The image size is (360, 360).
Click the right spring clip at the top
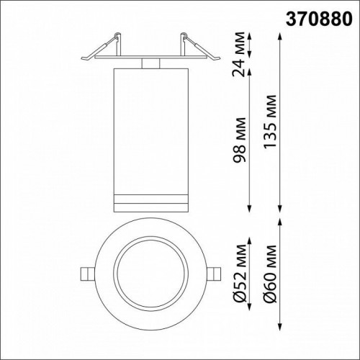197,47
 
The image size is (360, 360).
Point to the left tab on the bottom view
85,273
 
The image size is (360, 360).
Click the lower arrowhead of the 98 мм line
249,210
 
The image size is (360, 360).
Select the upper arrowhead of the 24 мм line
249,33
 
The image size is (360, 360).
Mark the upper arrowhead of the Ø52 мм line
249,220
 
